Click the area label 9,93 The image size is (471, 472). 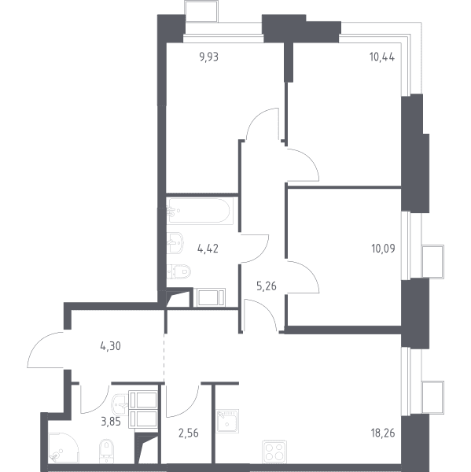click(209, 57)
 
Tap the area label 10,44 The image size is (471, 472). click(382, 57)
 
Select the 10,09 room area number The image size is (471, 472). click(383, 249)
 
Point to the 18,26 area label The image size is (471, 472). click(383, 433)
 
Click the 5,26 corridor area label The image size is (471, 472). click(267, 286)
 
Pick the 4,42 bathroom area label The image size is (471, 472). click(208, 249)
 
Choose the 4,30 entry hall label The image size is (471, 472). click(110, 346)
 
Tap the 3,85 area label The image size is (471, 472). click(111, 422)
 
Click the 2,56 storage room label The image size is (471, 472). click(189, 433)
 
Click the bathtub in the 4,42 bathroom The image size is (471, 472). click(200, 211)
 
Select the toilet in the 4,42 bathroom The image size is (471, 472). click(178, 271)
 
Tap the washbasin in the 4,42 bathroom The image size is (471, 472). click(175, 242)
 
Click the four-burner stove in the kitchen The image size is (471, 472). click(274, 452)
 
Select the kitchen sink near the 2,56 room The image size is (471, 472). click(227, 421)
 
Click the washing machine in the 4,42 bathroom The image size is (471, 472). click(209, 297)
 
